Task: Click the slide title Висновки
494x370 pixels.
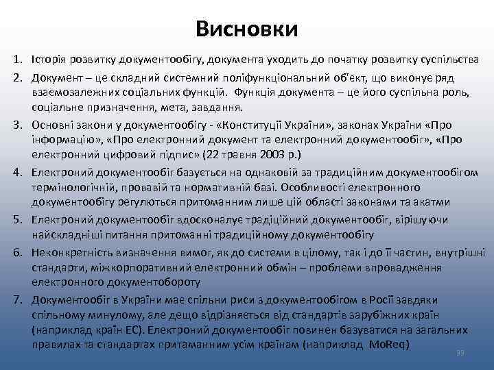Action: pos(246,29)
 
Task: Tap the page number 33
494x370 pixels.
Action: pos(460,352)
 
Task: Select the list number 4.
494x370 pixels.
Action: pos(18,173)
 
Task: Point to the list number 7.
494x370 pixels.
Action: pos(18,300)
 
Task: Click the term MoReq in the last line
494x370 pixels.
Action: pos(389,343)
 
